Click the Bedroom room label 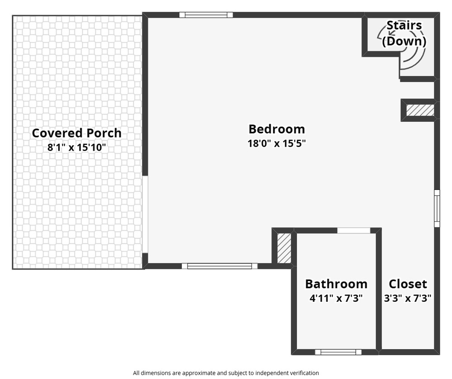click(277, 129)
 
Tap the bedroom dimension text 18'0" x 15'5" click(277, 143)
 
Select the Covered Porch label click(77, 133)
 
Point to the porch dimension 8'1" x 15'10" click(77, 148)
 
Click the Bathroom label click(336, 284)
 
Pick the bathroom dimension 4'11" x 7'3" click(336, 298)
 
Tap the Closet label click(408, 284)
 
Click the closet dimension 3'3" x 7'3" click(408, 298)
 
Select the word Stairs click(404, 25)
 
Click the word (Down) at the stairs click(404, 41)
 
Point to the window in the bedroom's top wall click(206, 15)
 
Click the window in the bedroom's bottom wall click(219, 266)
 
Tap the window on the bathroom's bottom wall click(338, 352)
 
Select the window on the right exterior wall click(437, 208)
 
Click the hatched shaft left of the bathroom click(284, 248)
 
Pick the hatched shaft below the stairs click(420, 110)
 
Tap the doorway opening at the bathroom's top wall click(354, 231)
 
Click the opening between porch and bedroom click(145, 214)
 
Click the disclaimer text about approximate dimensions click(226, 373)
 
